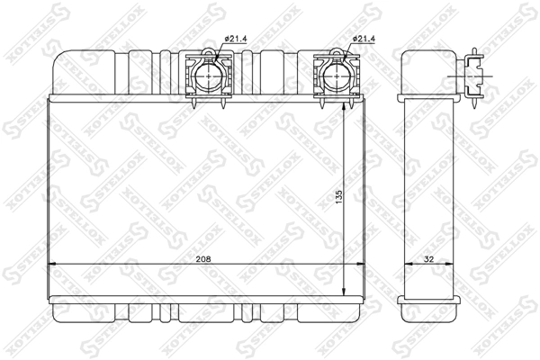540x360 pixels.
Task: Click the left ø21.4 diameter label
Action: pyautogui.click(x=234, y=39)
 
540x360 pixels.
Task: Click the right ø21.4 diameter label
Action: pyautogui.click(x=363, y=39)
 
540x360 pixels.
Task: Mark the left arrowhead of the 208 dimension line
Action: pyautogui.click(x=51, y=264)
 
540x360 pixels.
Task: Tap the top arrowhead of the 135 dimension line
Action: pyautogui.click(x=346, y=101)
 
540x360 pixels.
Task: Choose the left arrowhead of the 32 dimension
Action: pyautogui.click(x=404, y=264)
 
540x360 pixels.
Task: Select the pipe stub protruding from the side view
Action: pyautogui.click(x=473, y=72)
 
